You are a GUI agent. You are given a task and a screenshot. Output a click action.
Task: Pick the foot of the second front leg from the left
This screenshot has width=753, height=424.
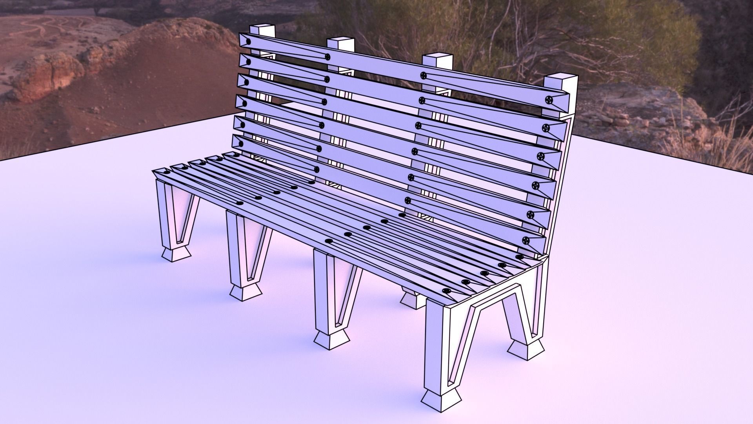coord(246,292)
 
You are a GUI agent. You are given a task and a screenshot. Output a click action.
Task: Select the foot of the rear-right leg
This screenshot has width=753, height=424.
coord(527,349)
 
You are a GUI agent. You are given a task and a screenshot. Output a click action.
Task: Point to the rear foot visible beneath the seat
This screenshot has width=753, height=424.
coord(413,300)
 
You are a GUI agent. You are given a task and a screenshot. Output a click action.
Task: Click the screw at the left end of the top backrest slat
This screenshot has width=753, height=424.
coord(248,42)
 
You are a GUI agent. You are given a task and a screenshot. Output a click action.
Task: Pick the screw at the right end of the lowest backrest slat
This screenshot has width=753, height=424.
coord(526,240)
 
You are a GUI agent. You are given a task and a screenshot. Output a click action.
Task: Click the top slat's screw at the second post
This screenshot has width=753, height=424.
coord(327,57)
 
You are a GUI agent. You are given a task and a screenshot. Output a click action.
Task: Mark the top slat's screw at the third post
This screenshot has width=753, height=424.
coord(423,75)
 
